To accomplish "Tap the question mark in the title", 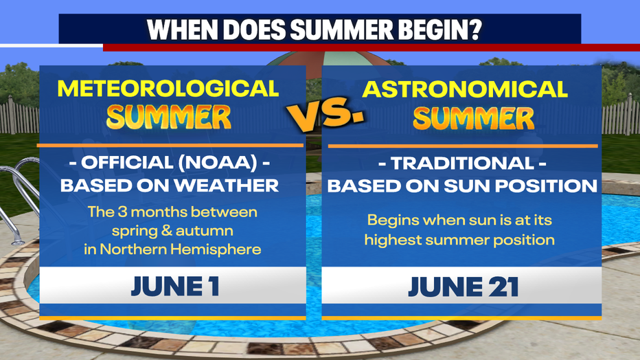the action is (x=475, y=29).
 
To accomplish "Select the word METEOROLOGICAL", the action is (x=168, y=88).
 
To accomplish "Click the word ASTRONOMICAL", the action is (x=465, y=89).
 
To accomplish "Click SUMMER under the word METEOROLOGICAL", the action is (x=168, y=117).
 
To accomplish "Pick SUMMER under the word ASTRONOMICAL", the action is (x=473, y=118).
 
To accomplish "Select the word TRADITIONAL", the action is (x=462, y=164).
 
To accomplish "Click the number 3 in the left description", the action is (x=122, y=212).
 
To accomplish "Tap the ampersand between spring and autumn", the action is (x=167, y=231).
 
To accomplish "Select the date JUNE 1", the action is (x=175, y=286).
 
